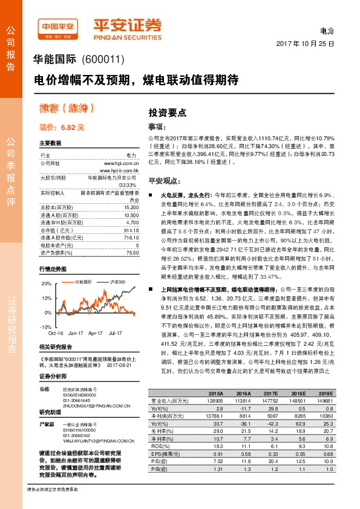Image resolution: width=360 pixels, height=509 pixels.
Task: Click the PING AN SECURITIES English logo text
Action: [127, 35]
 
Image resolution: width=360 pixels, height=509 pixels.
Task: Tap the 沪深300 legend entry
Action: [116, 282]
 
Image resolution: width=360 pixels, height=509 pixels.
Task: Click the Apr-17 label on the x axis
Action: [96, 333]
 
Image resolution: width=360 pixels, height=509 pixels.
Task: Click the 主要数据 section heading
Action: [50, 144]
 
